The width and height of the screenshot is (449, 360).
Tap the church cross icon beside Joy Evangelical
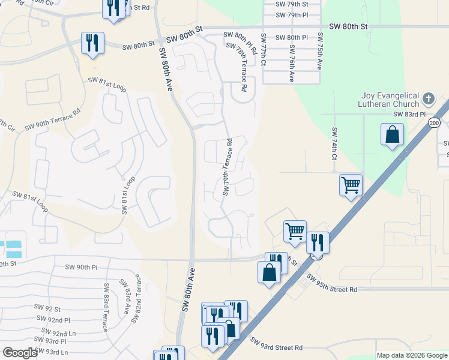(428, 98)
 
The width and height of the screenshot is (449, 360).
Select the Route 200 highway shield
(434, 123)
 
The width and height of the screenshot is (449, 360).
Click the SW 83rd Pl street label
(409, 114)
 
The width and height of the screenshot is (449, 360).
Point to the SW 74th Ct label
(334, 143)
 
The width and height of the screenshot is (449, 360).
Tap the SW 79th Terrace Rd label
(228, 167)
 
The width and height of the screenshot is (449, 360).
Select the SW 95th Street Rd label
(331, 283)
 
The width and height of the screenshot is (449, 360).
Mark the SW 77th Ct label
(263, 49)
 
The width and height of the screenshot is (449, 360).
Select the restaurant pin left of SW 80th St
(92, 43)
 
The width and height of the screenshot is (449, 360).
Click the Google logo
(20, 353)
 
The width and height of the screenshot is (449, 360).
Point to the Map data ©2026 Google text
(412, 355)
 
